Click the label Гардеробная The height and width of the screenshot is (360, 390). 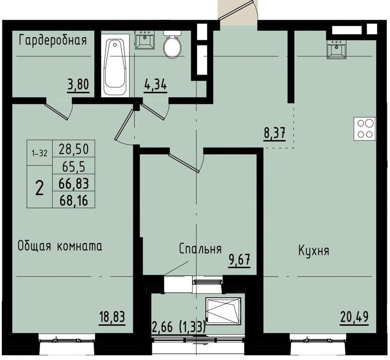[x=52, y=40]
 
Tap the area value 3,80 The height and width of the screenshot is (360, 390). [x=78, y=86]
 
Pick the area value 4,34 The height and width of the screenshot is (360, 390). [x=155, y=86]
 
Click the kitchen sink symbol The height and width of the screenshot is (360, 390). [x=337, y=49]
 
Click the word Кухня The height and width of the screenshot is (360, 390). [x=313, y=251]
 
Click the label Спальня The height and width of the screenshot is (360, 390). [x=200, y=249]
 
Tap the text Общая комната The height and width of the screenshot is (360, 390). [x=60, y=246]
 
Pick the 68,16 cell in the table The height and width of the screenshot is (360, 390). [x=74, y=200]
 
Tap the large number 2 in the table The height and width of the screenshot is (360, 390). [x=40, y=188]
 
